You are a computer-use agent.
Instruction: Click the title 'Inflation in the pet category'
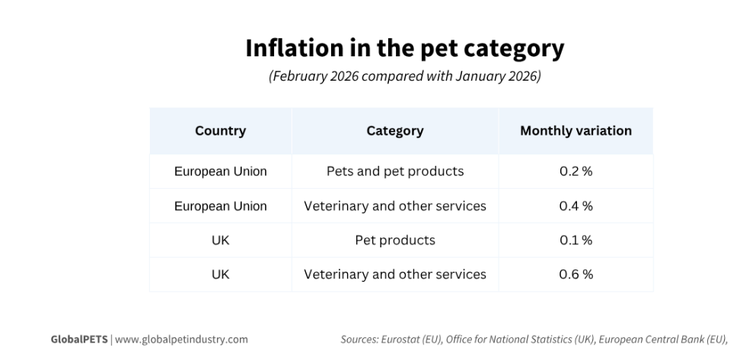pyautogui.click(x=404, y=48)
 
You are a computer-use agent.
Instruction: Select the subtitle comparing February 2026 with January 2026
pyautogui.click(x=404, y=78)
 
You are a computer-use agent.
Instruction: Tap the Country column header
pyautogui.click(x=220, y=131)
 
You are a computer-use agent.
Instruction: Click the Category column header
pyautogui.click(x=394, y=131)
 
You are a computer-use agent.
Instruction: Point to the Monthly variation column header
pyautogui.click(x=576, y=131)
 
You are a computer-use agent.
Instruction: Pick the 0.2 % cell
pyautogui.click(x=576, y=171)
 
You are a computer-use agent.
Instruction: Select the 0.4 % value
pyautogui.click(x=576, y=205)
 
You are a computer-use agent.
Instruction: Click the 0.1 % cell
pyautogui.click(x=576, y=240)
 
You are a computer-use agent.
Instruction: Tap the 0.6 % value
pyautogui.click(x=576, y=274)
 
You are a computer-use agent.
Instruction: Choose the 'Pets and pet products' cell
pyautogui.click(x=394, y=171)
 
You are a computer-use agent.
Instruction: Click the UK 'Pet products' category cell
pyautogui.click(x=394, y=240)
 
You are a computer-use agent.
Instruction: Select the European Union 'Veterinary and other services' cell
pyautogui.click(x=394, y=205)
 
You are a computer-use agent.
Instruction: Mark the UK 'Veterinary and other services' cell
pyautogui.click(x=394, y=274)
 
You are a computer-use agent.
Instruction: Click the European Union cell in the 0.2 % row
pyautogui.click(x=220, y=171)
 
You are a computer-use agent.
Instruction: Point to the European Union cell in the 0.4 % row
pyautogui.click(x=220, y=205)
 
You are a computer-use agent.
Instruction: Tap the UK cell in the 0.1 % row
pyautogui.click(x=220, y=240)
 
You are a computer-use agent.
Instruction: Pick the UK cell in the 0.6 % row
pyautogui.click(x=220, y=274)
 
